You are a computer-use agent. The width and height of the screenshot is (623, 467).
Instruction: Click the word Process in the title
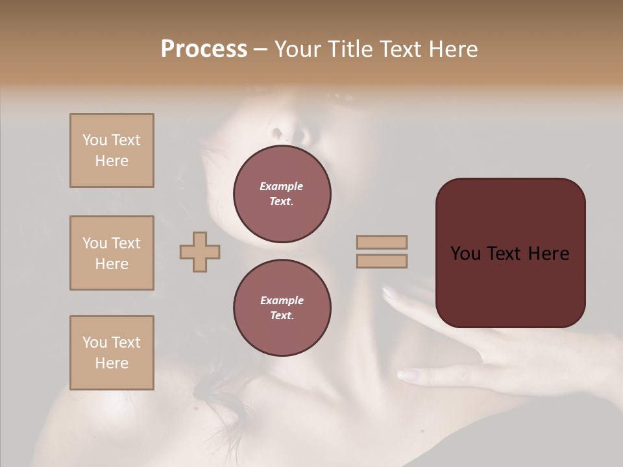coord(204,49)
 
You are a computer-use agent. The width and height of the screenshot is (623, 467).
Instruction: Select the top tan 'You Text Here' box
coord(112,150)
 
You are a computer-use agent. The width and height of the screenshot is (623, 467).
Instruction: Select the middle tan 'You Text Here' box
coord(112,253)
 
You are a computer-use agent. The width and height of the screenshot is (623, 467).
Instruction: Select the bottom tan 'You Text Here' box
coord(112,352)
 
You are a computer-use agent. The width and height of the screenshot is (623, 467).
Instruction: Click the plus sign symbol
coord(200,252)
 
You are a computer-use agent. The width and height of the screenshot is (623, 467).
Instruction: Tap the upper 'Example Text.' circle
coord(282,194)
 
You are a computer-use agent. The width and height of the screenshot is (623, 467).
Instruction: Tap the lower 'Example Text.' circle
coord(282,308)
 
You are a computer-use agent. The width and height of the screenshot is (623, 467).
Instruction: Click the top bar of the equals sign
coord(382,243)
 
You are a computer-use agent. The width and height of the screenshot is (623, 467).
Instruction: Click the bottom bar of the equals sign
coord(382,261)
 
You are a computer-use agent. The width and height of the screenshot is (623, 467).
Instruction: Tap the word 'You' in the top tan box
coord(94,140)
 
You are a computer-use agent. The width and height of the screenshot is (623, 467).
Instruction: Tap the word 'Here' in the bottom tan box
coord(112,363)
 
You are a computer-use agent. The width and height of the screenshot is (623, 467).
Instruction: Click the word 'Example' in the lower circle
coord(282,300)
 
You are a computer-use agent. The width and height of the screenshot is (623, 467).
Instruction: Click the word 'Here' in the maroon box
coord(548,254)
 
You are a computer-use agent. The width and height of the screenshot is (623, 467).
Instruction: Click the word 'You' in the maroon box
coord(465,254)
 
